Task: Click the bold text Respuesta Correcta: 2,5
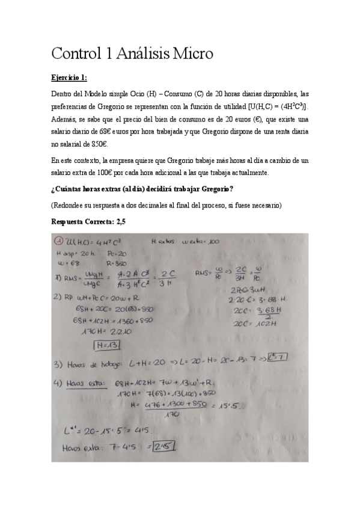click(88, 221)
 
